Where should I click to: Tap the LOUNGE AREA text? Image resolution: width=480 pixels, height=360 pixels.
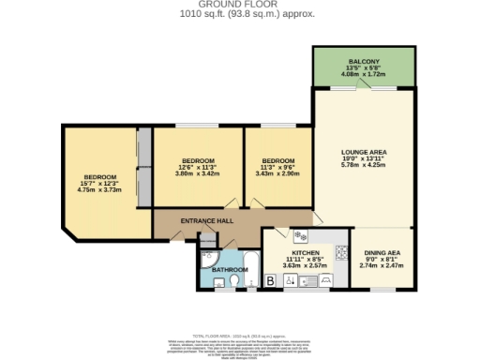point(366,152)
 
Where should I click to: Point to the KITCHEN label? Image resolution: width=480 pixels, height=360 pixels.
point(307,253)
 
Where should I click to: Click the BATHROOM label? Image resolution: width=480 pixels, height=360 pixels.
point(230,270)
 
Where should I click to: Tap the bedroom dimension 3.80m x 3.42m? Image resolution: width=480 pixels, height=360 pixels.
point(197,173)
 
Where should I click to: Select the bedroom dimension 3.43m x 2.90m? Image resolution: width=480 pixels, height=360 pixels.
point(277,173)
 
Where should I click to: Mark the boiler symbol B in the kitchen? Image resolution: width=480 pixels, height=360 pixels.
point(271,280)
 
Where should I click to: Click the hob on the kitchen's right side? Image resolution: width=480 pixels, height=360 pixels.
point(342,251)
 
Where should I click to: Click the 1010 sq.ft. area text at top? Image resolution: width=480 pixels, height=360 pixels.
point(240,15)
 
